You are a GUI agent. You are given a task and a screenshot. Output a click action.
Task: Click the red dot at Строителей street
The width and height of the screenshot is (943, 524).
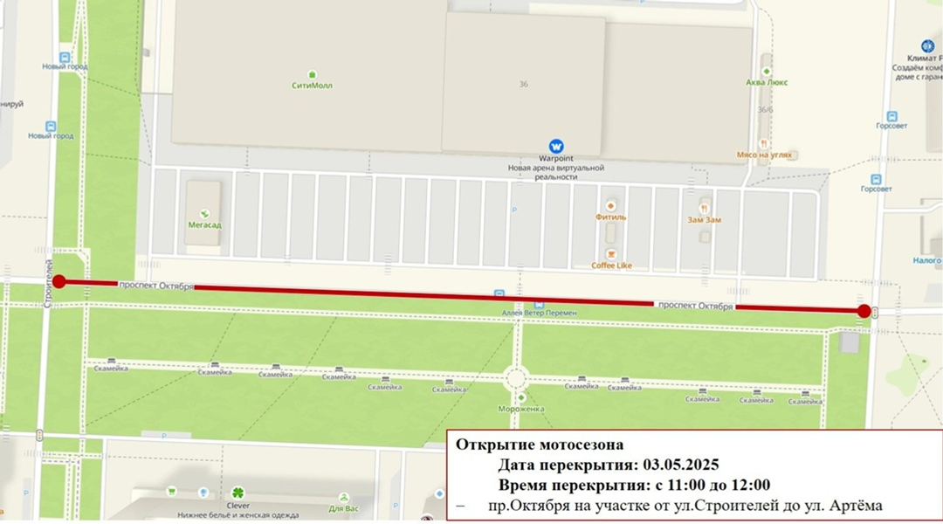tap(59, 281)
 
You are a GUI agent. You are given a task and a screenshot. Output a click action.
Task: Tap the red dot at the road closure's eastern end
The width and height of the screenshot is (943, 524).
tap(864, 311)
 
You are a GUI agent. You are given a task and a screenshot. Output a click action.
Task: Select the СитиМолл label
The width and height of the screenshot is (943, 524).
tap(312, 86)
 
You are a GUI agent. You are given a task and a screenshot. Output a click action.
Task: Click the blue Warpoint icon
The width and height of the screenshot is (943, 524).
tap(555, 146)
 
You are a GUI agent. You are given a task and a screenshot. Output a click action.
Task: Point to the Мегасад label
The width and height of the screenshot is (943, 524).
tap(205, 225)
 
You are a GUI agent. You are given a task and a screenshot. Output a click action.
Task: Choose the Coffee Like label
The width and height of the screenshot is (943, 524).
tap(611, 265)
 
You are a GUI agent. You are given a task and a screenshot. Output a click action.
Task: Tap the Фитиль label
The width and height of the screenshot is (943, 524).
tap(610, 217)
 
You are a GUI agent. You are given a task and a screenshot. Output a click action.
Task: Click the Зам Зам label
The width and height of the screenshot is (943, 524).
tap(704, 220)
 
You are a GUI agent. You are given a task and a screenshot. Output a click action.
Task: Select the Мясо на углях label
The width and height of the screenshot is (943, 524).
tap(764, 155)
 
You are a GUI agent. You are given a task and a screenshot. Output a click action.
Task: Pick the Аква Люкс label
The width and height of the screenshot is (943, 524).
tap(767, 82)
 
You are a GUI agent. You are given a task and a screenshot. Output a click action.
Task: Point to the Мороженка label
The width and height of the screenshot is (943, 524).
tap(515, 408)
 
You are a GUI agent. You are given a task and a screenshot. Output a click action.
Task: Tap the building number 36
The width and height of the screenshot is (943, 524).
tap(524, 84)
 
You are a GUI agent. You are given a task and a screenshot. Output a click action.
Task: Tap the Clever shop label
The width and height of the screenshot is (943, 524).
tap(237, 506)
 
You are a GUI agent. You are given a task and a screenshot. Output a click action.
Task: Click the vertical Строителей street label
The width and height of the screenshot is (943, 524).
tap(49, 281)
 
